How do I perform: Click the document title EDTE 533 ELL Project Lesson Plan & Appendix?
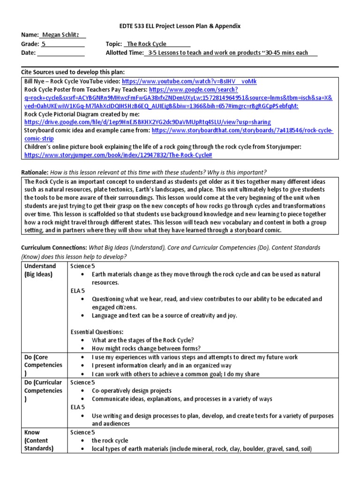click(180, 26)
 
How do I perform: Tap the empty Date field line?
click(60, 53)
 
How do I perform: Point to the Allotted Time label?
click(124, 53)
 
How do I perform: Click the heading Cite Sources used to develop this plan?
click(73, 72)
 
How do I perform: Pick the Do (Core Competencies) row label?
click(43, 365)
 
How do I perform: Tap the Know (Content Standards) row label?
click(38, 440)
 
